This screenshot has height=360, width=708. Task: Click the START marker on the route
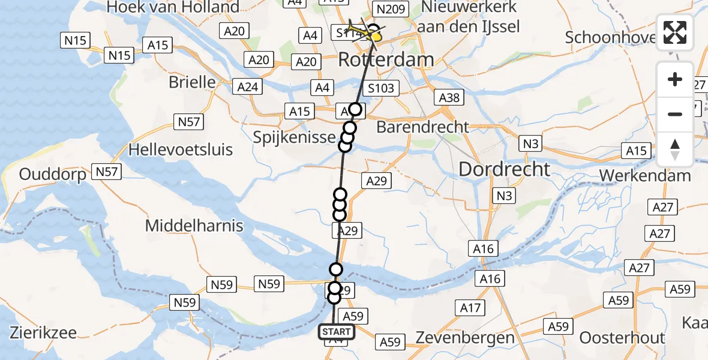tap(337, 332)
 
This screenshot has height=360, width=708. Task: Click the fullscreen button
tap(675, 32)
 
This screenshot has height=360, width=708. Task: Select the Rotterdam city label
tap(386, 60)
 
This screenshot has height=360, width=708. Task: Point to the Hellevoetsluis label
tap(180, 149)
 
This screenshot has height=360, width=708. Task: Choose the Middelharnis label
tap(194, 226)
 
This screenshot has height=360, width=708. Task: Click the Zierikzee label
tap(41, 332)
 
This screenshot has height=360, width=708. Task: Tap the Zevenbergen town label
tap(473, 338)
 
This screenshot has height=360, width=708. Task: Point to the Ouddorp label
tap(49, 175)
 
